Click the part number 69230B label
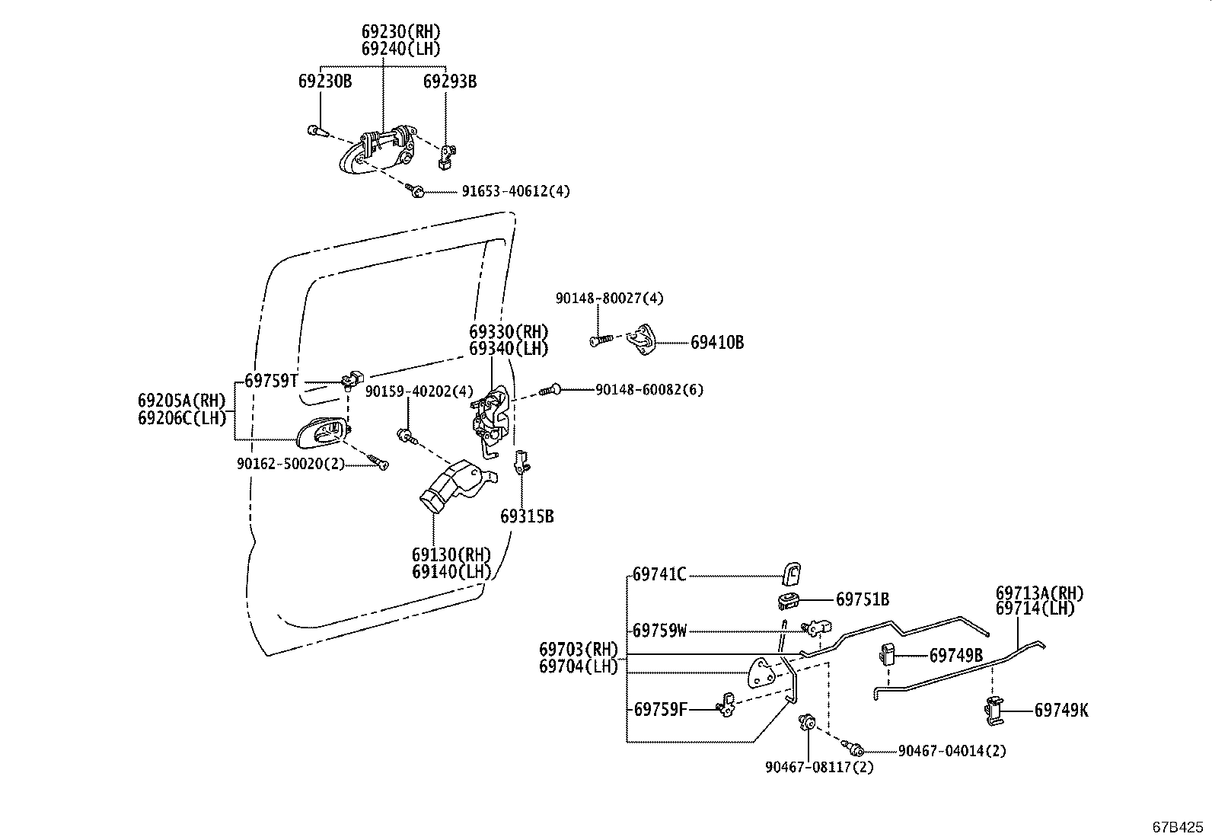pos(324,81)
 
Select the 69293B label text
pos(449,81)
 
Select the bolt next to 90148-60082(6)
pos(550,390)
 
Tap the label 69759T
pos(271,381)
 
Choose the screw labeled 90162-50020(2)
pos(378,461)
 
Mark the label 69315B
pos(527,516)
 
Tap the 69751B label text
pos(862,599)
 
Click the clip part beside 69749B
pos(887,653)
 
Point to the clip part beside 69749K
pos(993,711)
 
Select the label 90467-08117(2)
pos(819,767)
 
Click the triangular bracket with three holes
pos(764,674)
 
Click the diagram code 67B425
pos(1178,826)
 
